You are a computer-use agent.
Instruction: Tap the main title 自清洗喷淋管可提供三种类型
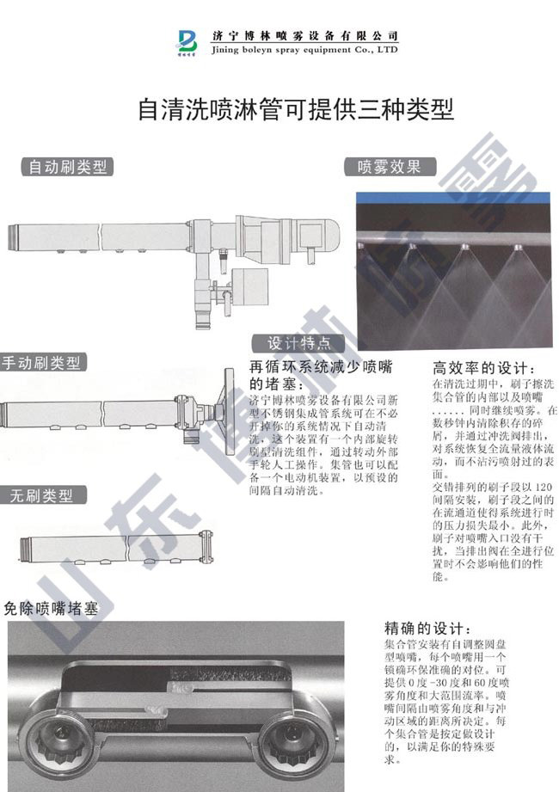pos(296,110)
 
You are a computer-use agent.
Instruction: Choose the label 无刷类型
pos(47,496)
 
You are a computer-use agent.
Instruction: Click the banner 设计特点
pos(298,342)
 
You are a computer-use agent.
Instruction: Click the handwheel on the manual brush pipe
pos(228,407)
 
